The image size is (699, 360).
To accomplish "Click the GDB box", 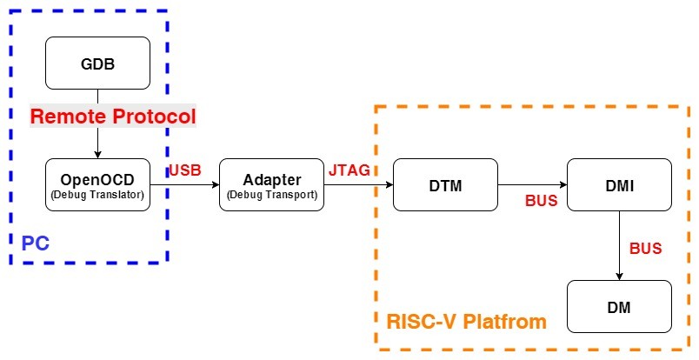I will point(97,63).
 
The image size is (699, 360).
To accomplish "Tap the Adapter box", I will point(272,184).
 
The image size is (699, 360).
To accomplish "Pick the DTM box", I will point(445,184).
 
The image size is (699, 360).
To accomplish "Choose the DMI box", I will point(619,184).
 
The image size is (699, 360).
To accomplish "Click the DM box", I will point(619,306).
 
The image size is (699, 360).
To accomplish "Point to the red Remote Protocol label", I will point(113,117).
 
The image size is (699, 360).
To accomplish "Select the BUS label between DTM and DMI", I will point(541,201).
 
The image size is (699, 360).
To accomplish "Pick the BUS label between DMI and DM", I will point(645,249).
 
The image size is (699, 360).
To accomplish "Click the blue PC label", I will point(35,243).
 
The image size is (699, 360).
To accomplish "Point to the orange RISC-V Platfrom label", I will point(466,322).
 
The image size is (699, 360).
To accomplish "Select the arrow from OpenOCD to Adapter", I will point(184,184).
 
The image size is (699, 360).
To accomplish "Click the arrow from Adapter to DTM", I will point(358,184).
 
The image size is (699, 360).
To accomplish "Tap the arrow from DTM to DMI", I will point(532,184).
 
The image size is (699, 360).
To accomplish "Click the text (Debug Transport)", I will point(272,195).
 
